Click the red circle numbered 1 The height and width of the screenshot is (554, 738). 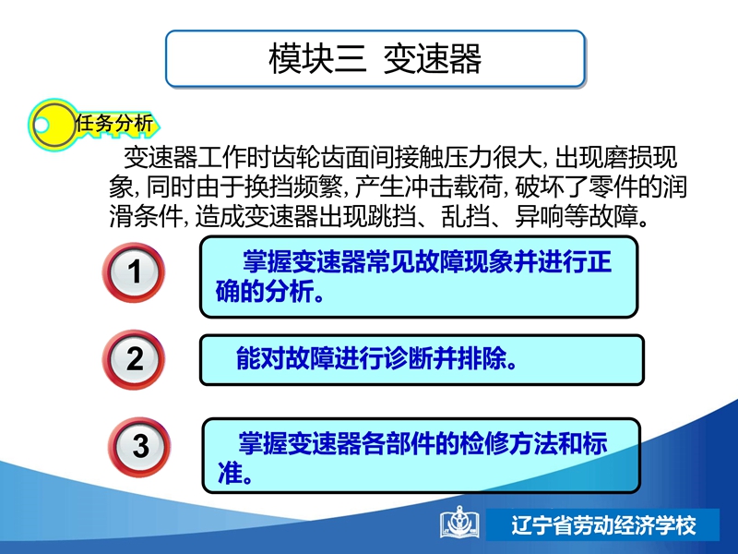pyautogui.click(x=134, y=272)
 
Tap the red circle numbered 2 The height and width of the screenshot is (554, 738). pyautogui.click(x=134, y=359)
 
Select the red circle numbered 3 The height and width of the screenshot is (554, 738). pyautogui.click(x=140, y=446)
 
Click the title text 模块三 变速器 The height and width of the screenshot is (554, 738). pyautogui.click(x=375, y=59)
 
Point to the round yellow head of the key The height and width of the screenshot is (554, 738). pyautogui.click(x=53, y=125)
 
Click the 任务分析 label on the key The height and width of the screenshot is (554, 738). pyautogui.click(x=114, y=124)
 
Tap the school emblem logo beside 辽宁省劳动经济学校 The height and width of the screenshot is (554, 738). pyautogui.click(x=459, y=523)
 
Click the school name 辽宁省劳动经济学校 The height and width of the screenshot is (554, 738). pyautogui.click(x=604, y=525)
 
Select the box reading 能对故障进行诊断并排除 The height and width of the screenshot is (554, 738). pyautogui.click(x=422, y=360)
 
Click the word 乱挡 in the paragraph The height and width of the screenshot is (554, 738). pyautogui.click(x=467, y=216)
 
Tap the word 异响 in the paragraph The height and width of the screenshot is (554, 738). pyautogui.click(x=540, y=216)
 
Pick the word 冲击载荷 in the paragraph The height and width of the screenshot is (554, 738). pyautogui.click(x=453, y=187)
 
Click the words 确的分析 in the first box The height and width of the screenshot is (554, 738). pyautogui.click(x=265, y=291)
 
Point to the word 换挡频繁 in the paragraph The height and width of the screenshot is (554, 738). pyautogui.click(x=293, y=187)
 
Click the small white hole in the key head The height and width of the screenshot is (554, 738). pyautogui.click(x=41, y=126)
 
